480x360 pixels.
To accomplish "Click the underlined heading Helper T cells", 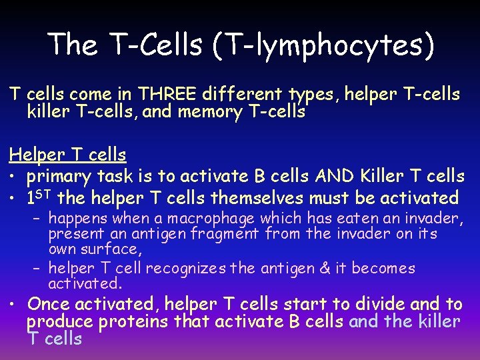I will pyautogui.click(x=67, y=155).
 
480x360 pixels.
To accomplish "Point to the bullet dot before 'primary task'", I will pyautogui.click(x=13, y=177).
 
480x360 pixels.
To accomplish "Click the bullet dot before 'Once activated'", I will pyautogui.click(x=13, y=305).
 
